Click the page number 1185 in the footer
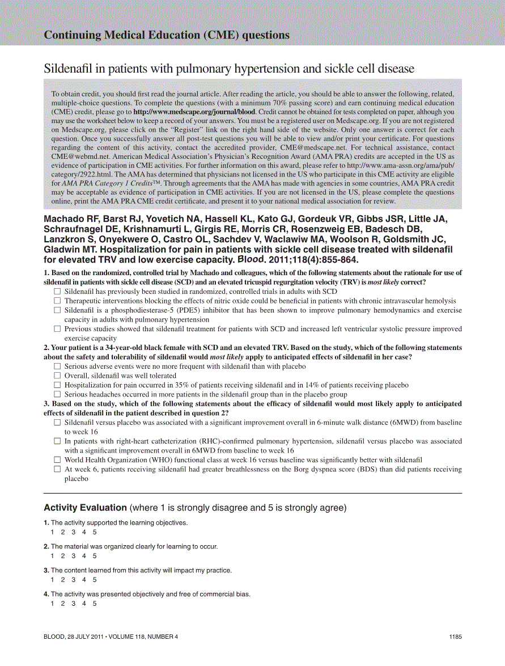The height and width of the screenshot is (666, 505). pos(455,637)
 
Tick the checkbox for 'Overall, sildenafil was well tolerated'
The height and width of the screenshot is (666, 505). pos(57,376)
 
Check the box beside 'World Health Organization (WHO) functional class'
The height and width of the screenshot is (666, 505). pos(57,460)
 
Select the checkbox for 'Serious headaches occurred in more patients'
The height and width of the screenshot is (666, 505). pos(57,394)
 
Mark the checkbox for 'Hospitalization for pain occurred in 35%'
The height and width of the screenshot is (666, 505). pos(57,385)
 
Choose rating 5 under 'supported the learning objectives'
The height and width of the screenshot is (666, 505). pos(95,532)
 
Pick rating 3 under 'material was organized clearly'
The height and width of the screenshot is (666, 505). pos(73,556)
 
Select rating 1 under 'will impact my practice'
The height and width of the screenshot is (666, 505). pos(52,580)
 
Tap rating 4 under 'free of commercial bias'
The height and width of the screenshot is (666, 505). pos(84,604)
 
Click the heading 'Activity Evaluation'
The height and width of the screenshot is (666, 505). pos(85,508)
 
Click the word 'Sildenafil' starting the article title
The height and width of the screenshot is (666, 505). pos(67,69)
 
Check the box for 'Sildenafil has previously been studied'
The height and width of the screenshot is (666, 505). pos(57,292)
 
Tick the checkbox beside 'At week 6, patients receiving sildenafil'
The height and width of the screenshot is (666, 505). pos(57,469)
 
